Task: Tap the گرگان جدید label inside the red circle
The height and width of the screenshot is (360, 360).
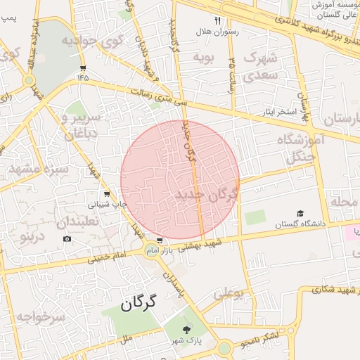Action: point(207,191)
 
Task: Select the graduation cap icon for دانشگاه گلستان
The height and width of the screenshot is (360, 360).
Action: point(300,213)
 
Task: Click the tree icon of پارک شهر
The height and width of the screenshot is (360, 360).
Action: point(187,329)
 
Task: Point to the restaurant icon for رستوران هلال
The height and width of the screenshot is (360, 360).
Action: point(217,21)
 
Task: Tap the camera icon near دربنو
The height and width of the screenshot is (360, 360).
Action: point(67,239)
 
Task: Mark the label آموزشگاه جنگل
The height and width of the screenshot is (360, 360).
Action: point(300,148)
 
